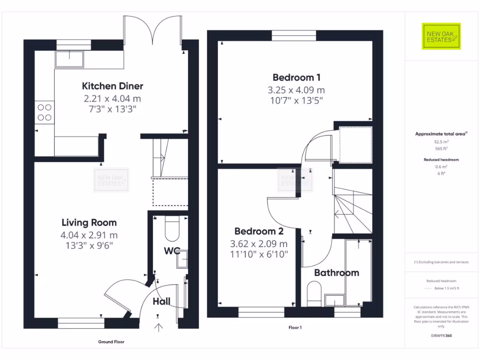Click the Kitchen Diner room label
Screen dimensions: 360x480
tap(112, 86)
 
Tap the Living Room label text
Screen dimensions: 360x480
tap(89, 222)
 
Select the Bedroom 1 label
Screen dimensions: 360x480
tap(296, 77)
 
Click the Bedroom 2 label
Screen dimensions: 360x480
tap(259, 231)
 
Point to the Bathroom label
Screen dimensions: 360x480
tap(337, 273)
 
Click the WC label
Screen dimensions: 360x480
tap(172, 251)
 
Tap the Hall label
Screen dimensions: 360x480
tap(162, 301)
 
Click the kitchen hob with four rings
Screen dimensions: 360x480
tap(45, 112)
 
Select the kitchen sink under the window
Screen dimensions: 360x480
tap(69, 59)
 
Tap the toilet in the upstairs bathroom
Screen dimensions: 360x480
tap(313, 292)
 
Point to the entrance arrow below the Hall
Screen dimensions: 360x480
tap(158, 327)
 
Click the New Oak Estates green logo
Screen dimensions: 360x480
tap(441, 36)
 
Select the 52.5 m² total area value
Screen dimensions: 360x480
tap(442, 141)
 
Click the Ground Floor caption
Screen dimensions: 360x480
tap(111, 342)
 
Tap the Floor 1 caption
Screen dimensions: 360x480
tap(295, 328)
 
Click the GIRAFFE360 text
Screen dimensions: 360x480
tap(441, 336)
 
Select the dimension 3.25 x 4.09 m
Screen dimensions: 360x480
tap(296, 90)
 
